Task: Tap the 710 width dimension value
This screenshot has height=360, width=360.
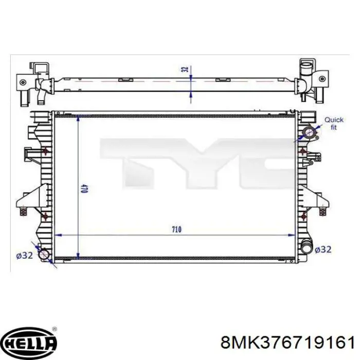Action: click(176, 229)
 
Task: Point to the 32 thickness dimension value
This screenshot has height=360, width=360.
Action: click(185, 69)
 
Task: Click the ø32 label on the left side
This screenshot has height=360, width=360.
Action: click(24, 255)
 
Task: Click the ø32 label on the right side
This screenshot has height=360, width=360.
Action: click(323, 249)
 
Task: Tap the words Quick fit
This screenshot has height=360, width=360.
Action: click(334, 123)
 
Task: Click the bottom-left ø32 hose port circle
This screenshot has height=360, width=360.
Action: click(44, 255)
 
